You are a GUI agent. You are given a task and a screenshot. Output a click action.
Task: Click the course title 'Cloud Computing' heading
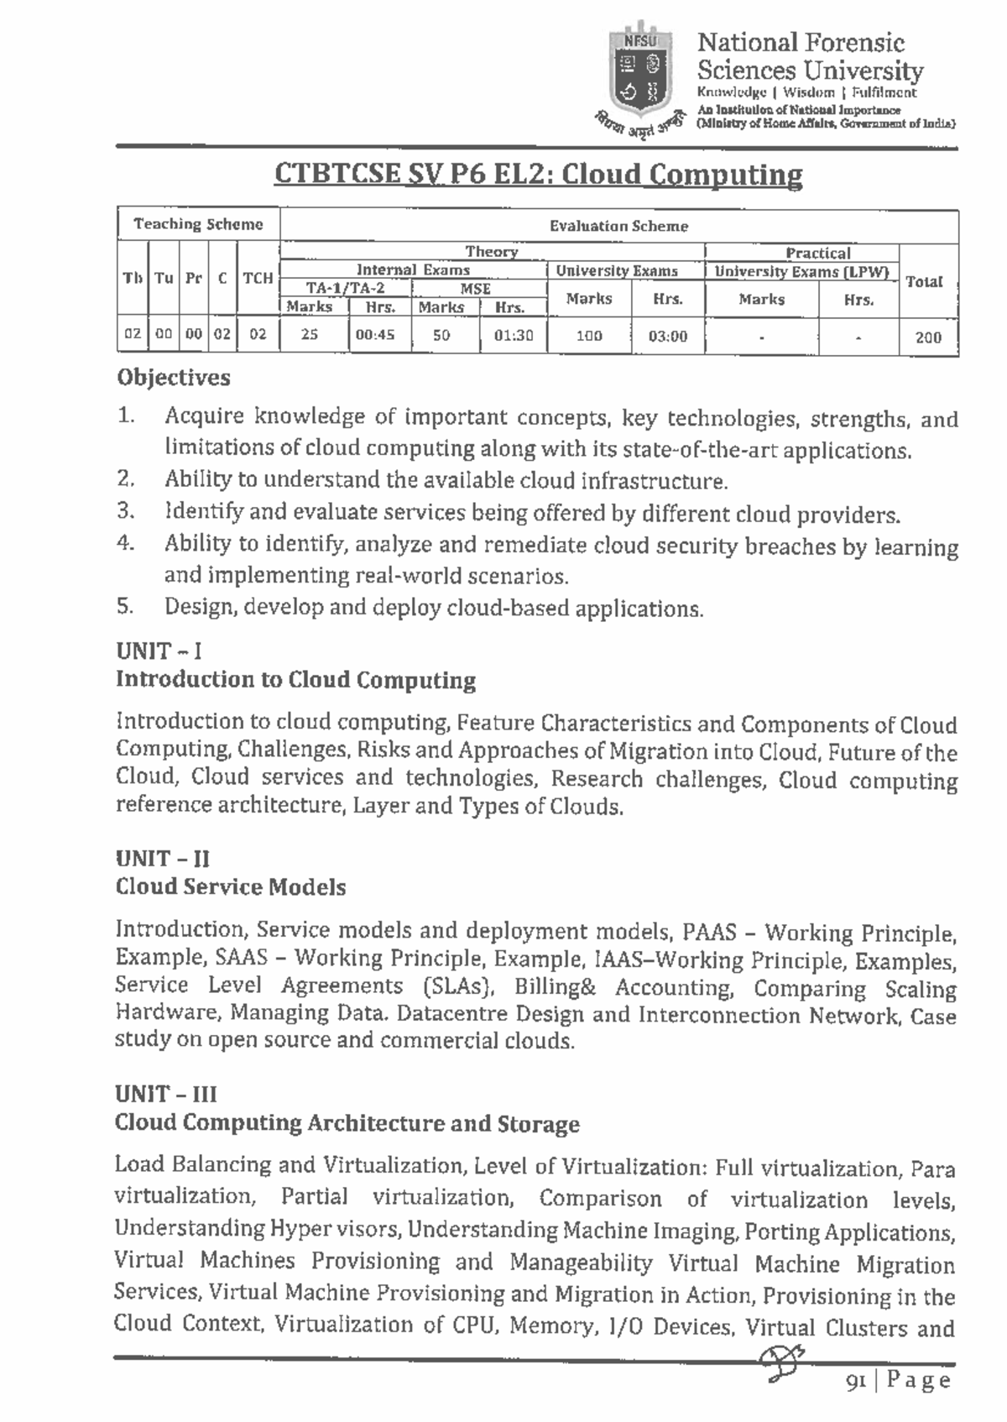pyautogui.click(x=538, y=175)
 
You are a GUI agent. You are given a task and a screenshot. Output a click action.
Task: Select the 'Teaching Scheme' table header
pyautogui.click(x=198, y=224)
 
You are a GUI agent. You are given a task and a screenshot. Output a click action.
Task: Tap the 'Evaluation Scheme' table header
pyautogui.click(x=618, y=226)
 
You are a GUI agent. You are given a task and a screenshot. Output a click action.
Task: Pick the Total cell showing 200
pyautogui.click(x=928, y=337)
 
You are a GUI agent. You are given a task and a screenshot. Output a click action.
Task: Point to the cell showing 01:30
pyautogui.click(x=513, y=335)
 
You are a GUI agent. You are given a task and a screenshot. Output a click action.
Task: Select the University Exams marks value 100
pyautogui.click(x=589, y=336)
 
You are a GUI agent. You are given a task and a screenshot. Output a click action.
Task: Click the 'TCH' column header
pyautogui.click(x=258, y=278)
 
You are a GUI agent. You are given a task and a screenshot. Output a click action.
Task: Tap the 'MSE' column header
pyautogui.click(x=476, y=288)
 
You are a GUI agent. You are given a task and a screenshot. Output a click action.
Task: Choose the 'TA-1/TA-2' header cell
pyautogui.click(x=345, y=288)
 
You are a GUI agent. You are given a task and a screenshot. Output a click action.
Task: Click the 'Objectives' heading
pyautogui.click(x=174, y=378)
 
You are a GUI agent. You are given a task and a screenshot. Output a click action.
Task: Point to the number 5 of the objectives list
pyautogui.click(x=124, y=605)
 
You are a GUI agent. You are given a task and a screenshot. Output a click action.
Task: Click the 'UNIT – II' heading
pyautogui.click(x=163, y=858)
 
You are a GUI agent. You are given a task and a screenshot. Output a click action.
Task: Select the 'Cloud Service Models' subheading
pyautogui.click(x=231, y=887)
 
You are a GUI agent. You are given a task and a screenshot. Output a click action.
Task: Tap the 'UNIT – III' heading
pyautogui.click(x=166, y=1094)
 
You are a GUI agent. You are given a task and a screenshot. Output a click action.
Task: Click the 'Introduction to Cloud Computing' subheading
pyautogui.click(x=295, y=679)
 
